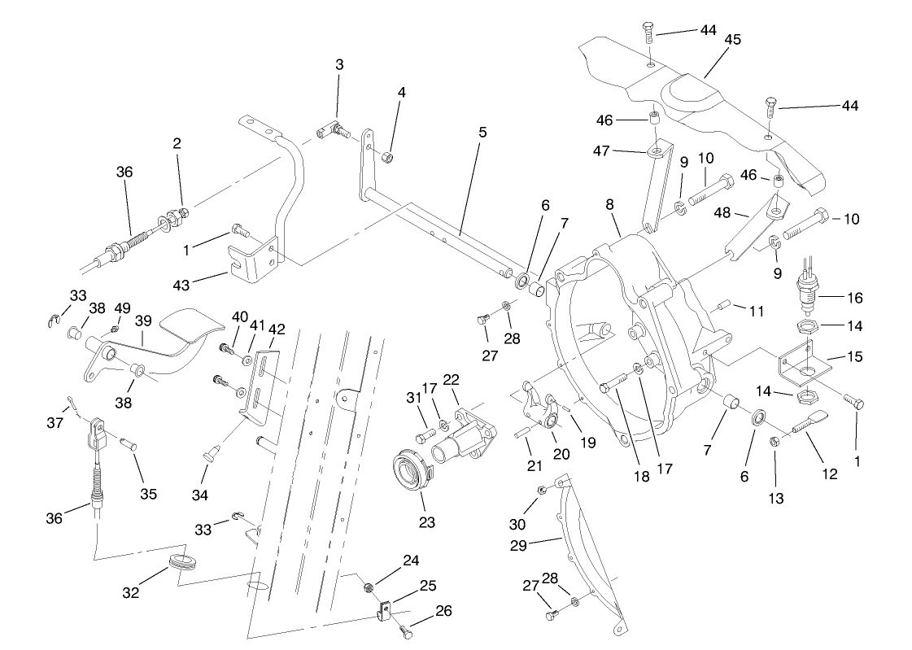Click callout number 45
[732, 41]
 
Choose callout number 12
[829, 474]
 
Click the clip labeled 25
[387, 609]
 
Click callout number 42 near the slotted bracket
[277, 329]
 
